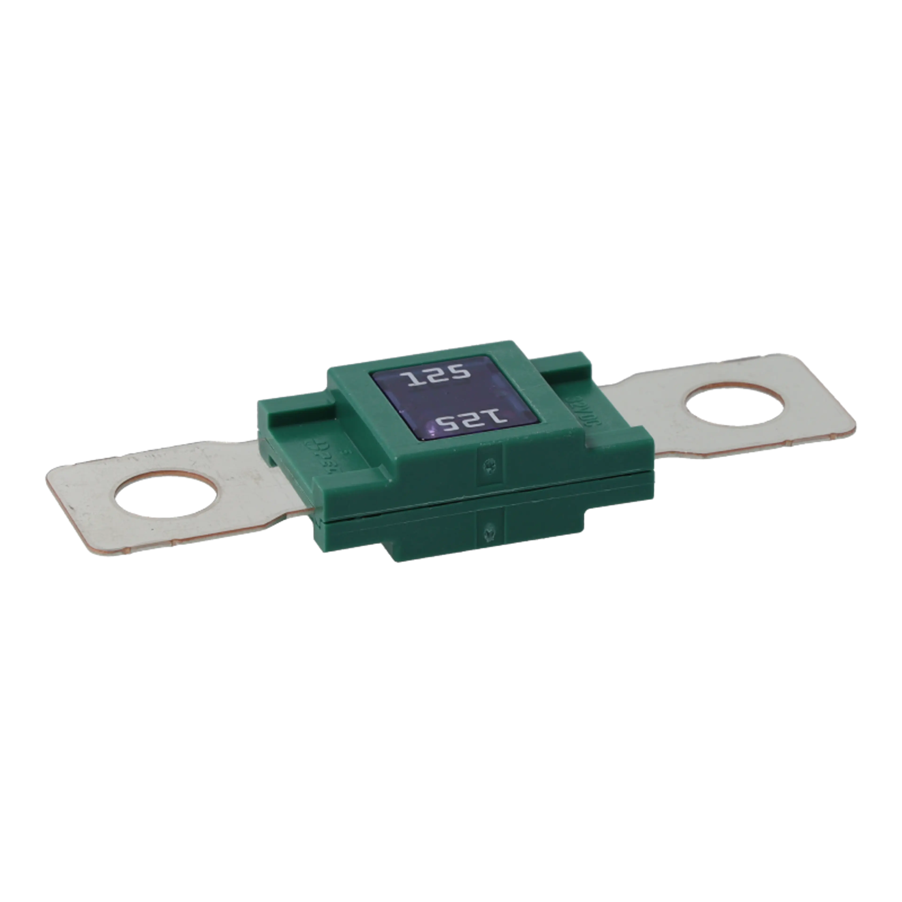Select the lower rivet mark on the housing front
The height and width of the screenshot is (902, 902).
490,531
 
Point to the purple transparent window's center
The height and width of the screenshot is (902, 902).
455,399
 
